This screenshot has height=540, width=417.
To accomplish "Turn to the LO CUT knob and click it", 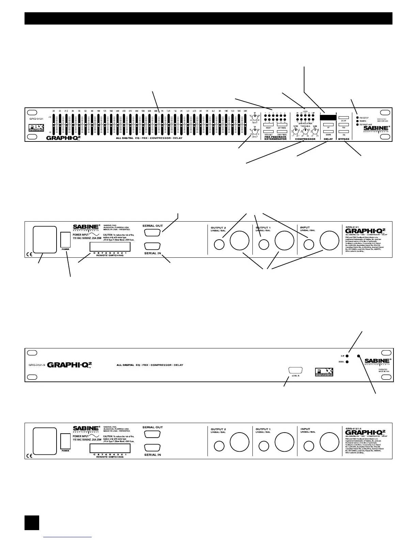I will pyautogui.click(x=254, y=131).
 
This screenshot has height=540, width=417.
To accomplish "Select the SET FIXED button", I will pyautogui.click(x=282, y=124).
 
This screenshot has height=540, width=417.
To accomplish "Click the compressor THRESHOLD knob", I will pyautogui.click(x=305, y=131).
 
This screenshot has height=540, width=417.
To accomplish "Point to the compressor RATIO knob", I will pyautogui.click(x=295, y=131).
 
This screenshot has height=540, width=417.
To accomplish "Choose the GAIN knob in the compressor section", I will pyautogui.click(x=315, y=131).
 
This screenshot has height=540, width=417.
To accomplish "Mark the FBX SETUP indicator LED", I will pyautogui.click(x=356, y=118).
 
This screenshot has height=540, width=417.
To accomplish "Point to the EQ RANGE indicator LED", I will pyautogui.click(x=356, y=125).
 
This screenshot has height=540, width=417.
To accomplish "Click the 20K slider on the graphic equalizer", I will pyautogui.click(x=245, y=124).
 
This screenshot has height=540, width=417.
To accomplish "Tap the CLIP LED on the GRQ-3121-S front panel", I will pyautogui.click(x=347, y=356).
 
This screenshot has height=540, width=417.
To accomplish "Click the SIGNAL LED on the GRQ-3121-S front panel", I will pyautogui.click(x=347, y=362).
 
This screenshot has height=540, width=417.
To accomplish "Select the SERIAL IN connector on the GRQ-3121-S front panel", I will pyautogui.click(x=295, y=371).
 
